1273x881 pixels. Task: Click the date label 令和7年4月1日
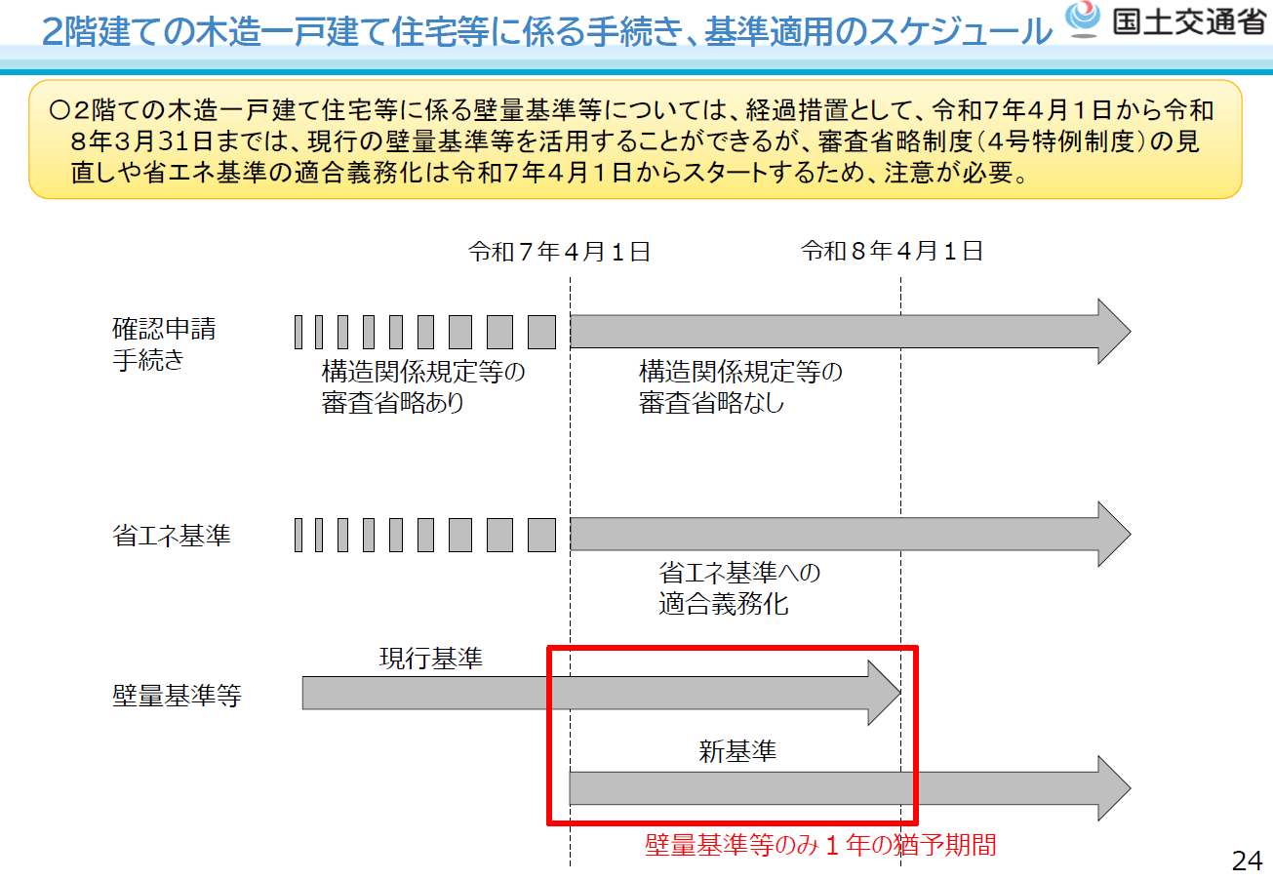(x=559, y=253)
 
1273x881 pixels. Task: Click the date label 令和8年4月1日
(x=892, y=253)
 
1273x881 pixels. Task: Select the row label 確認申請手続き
(x=164, y=344)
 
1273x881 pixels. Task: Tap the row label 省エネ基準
(x=172, y=536)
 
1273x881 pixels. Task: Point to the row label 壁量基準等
(x=177, y=697)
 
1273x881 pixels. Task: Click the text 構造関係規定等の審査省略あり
(x=423, y=387)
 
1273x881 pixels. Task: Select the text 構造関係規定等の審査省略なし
(x=740, y=387)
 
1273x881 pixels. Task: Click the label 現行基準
(x=430, y=659)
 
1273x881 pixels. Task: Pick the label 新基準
(x=737, y=751)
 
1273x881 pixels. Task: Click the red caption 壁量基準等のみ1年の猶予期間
(x=820, y=845)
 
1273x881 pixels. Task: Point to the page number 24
(x=1247, y=861)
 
